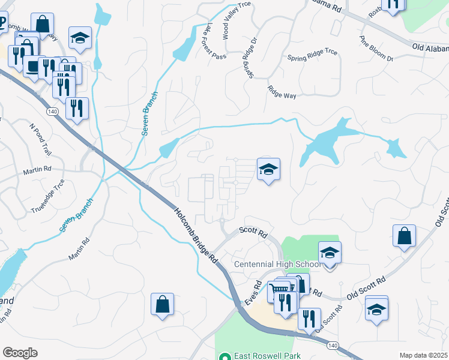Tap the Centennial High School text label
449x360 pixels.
[277, 265]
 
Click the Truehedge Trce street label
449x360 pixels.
[47, 197]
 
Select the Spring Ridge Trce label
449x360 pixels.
[312, 58]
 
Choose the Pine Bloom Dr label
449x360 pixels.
[376, 49]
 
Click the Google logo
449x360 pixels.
[20, 353]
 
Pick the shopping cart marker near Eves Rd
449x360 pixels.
[279, 291]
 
